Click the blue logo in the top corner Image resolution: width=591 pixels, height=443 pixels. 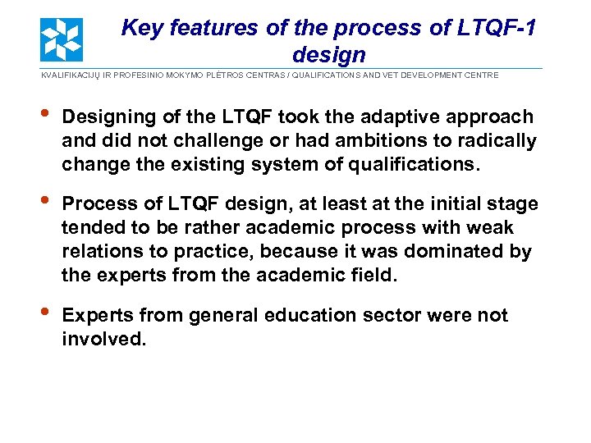(62, 39)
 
